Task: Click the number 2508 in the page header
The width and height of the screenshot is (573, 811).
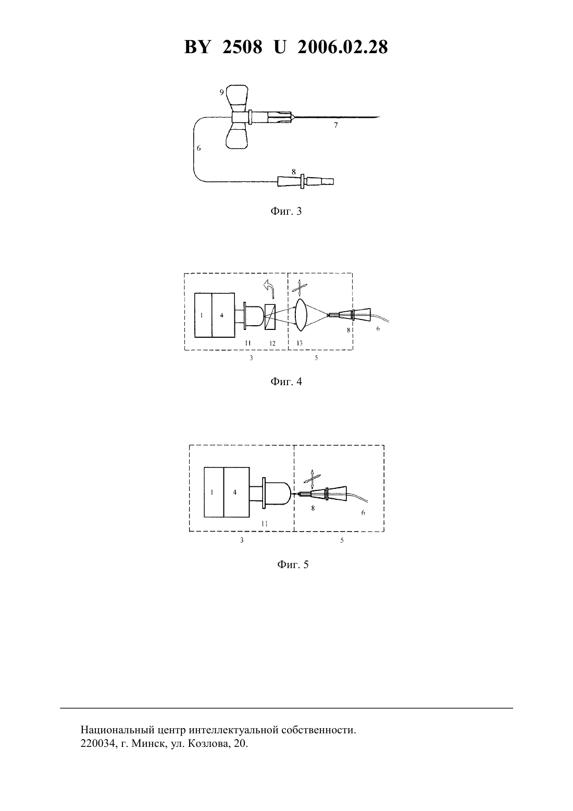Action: point(242,47)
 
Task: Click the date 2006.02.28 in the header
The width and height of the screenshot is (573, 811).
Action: point(343,47)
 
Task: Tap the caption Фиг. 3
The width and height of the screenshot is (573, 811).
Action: point(286,211)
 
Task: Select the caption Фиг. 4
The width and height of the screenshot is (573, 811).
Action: point(286,381)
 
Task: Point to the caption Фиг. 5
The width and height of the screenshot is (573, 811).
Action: point(293,564)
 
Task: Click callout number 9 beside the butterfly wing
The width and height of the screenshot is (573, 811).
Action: point(221,92)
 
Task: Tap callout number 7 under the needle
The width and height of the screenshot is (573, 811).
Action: point(335,125)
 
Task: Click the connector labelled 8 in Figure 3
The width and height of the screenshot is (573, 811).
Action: point(305,181)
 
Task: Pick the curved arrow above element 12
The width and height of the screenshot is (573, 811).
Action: point(269,289)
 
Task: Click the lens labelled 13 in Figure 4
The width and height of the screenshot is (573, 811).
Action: point(301,315)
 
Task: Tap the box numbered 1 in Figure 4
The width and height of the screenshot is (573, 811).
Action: point(203,315)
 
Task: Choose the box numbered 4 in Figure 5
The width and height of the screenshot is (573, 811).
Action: point(236,493)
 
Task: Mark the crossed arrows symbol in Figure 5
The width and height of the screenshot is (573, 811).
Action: point(312,480)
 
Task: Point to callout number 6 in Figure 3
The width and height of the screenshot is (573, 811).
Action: point(198,148)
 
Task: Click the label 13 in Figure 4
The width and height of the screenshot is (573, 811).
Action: point(300,343)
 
